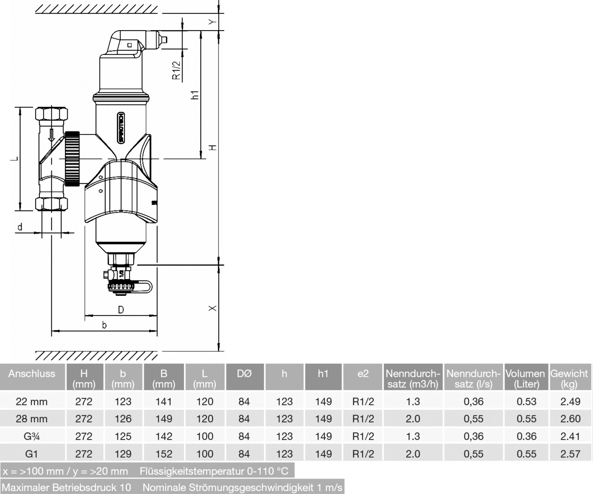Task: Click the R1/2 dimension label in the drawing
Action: click(177, 70)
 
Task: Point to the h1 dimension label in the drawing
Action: click(194, 95)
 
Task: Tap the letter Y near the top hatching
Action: click(212, 21)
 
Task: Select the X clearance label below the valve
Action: click(212, 308)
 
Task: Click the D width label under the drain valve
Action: click(121, 310)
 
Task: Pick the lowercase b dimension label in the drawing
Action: click(104, 325)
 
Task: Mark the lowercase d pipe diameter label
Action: click(20, 227)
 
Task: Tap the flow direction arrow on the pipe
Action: click(51, 135)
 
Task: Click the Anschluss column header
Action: click(32, 373)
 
